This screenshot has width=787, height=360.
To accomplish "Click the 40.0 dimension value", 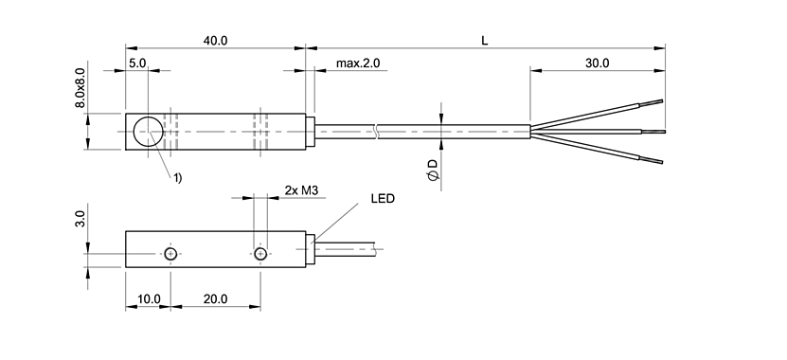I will pyautogui.click(x=216, y=41).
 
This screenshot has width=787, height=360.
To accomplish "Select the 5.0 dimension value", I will pyautogui.click(x=137, y=63).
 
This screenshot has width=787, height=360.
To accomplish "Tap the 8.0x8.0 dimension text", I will pyautogui.click(x=81, y=88).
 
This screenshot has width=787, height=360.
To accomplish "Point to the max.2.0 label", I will pyautogui.click(x=357, y=63).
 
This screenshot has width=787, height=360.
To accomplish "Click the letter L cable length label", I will pyautogui.click(x=484, y=41).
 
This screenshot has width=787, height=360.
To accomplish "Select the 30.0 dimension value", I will pyautogui.click(x=597, y=63).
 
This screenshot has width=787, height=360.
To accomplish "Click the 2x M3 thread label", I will pyautogui.click(x=301, y=190).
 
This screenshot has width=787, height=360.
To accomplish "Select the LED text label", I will pyautogui.click(x=382, y=200).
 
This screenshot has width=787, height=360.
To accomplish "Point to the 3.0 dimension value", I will pyautogui.click(x=81, y=220).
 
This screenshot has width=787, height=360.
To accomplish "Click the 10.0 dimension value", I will pyautogui.click(x=148, y=298).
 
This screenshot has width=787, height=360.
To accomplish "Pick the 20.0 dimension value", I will pyautogui.click(x=214, y=298).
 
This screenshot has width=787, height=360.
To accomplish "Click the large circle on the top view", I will pyautogui.click(x=148, y=131).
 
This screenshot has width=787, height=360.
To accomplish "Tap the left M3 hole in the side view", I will pyautogui.click(x=170, y=253).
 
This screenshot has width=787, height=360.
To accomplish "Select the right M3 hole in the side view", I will pyautogui.click(x=259, y=253).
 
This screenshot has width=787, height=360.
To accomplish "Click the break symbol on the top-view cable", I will pyautogui.click(x=378, y=131).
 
